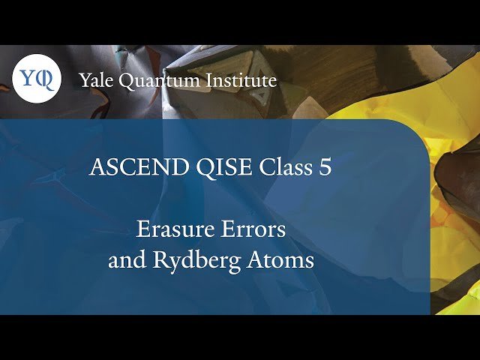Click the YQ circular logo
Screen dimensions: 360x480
[37, 79]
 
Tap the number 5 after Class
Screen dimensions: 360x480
[325, 167]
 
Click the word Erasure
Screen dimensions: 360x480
[167, 229]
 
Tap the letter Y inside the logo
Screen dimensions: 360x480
[28, 79]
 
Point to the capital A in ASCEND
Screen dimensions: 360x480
[96, 167]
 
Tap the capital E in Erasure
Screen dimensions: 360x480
[141, 229]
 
